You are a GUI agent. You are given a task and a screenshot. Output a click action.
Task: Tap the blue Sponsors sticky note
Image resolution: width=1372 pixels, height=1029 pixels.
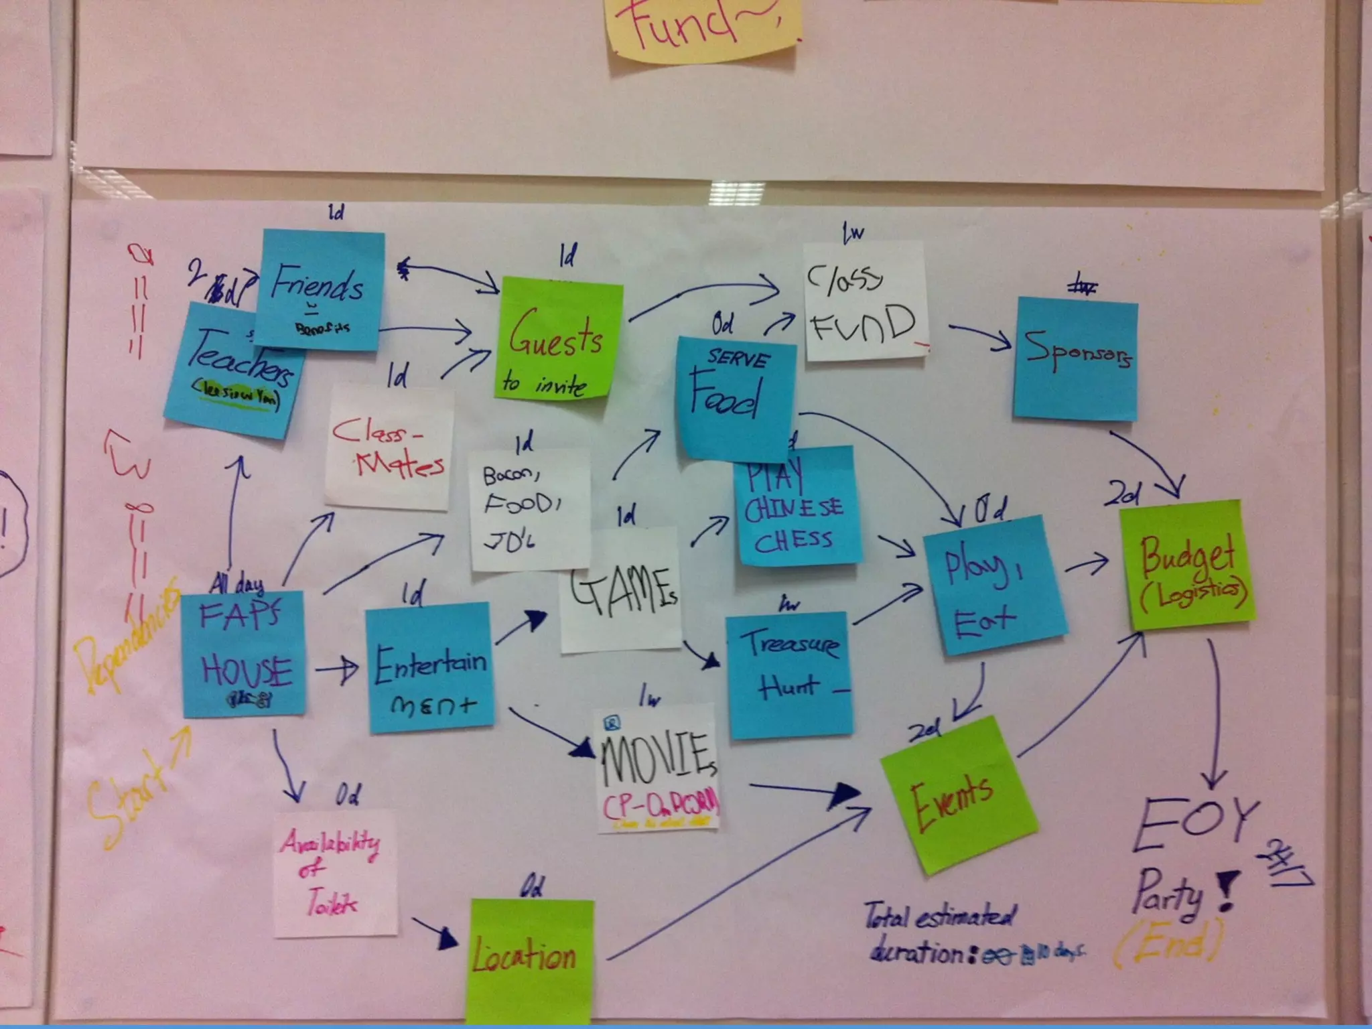pos(1076,359)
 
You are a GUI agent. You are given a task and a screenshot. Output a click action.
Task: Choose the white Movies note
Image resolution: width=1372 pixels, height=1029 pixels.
pos(657,767)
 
